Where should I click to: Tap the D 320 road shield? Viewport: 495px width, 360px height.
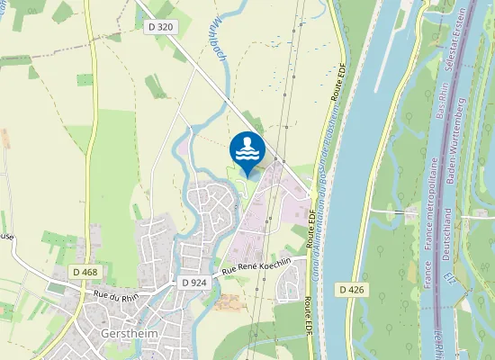(159, 28)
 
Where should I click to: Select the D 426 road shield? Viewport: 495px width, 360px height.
(354, 289)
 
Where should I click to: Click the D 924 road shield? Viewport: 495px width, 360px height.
(193, 283)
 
